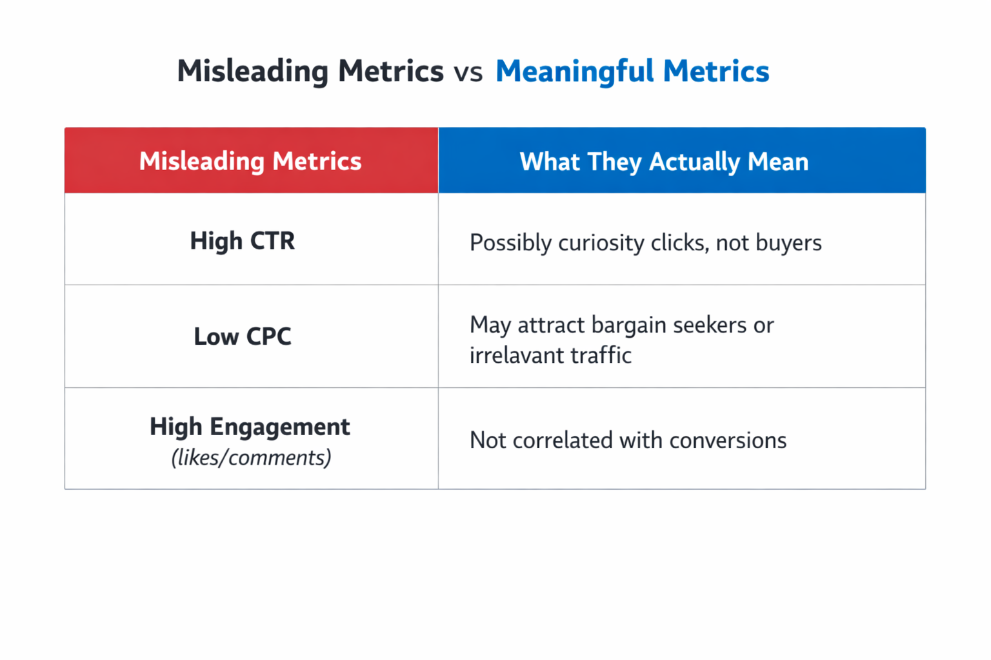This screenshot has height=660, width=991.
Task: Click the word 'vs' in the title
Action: tap(468, 72)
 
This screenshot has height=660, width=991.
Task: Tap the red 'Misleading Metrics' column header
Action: tap(250, 161)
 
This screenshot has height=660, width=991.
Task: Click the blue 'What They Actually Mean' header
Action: tap(664, 162)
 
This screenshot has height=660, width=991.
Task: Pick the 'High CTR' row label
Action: tap(243, 241)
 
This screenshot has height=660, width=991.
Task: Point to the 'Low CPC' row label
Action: tap(243, 336)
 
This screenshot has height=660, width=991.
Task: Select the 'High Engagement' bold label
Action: tap(250, 427)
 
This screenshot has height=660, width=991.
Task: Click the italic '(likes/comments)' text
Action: tap(251, 458)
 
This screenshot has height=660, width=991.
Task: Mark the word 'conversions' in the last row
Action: tap(728, 440)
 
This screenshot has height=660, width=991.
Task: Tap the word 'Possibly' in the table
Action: tap(510, 243)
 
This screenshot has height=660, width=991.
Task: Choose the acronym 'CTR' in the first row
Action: tap(272, 241)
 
